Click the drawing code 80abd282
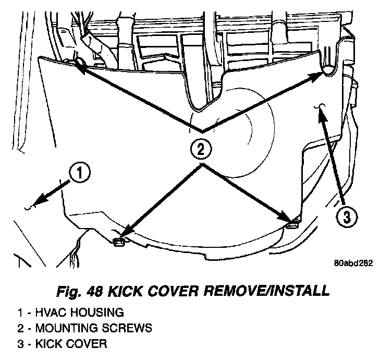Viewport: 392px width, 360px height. pos(354,262)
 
